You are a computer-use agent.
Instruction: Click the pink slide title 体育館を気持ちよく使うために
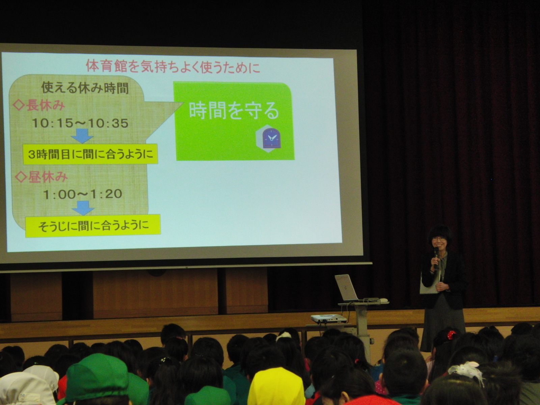pyautogui.click(x=173, y=67)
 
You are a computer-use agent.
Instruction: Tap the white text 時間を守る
pyautogui.click(x=234, y=111)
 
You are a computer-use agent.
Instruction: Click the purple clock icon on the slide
pyautogui.click(x=272, y=138)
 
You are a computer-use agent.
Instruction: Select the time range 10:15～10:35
pyautogui.click(x=80, y=123)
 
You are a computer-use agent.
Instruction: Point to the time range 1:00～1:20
pyautogui.click(x=83, y=194)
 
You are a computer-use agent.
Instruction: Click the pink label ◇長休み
pyautogui.click(x=39, y=106)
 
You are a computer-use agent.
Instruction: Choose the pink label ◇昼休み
pyautogui.click(x=41, y=177)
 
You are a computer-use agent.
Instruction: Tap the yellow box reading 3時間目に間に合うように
pyautogui.click(x=90, y=154)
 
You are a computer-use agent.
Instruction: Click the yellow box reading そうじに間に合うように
pyautogui.click(x=93, y=226)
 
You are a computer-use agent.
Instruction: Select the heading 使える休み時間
pyautogui.click(x=85, y=88)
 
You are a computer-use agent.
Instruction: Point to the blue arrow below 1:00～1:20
pyautogui.click(x=83, y=208)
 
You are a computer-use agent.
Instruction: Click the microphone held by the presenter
pyautogui.click(x=436, y=257)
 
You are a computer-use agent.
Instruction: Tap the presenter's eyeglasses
pyautogui.click(x=439, y=239)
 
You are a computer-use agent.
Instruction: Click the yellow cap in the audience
pyautogui.click(x=276, y=386)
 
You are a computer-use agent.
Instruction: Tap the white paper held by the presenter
pyautogui.click(x=429, y=283)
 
